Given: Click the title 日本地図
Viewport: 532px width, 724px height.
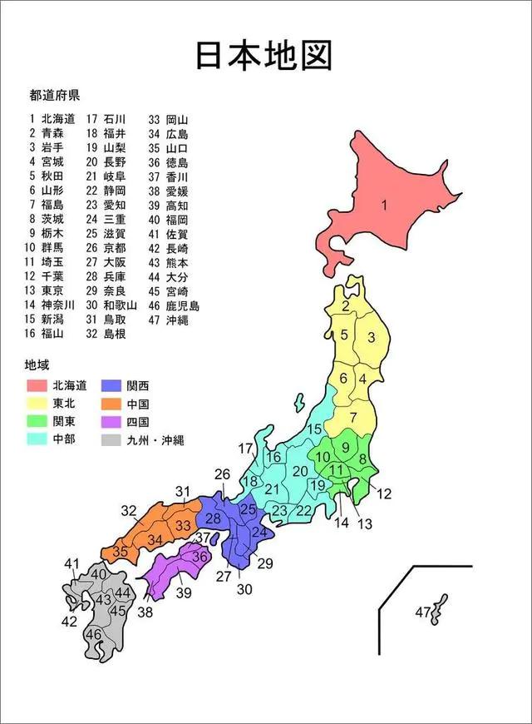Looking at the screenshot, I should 264,54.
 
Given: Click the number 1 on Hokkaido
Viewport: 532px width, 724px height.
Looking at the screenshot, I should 385,206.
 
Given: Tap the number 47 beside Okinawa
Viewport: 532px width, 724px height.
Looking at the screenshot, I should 423,612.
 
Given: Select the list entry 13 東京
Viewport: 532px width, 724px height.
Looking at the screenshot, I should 47,290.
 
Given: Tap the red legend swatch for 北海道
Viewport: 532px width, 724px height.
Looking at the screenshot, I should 36,385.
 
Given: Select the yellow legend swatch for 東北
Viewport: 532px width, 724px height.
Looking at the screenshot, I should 36,404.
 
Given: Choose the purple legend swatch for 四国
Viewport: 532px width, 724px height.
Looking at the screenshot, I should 111,422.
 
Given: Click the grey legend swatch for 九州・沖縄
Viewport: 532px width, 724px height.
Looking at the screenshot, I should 111,440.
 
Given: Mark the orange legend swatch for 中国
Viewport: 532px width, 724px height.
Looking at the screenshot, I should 111,404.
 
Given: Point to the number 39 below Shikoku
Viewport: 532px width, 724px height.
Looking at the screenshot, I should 184,592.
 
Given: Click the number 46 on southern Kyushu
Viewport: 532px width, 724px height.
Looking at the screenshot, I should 94,635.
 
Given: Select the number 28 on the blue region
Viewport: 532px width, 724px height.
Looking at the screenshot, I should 214,518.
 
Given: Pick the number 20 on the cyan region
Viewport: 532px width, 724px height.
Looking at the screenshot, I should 300,471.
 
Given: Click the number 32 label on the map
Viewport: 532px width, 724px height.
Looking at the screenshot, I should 129,510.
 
